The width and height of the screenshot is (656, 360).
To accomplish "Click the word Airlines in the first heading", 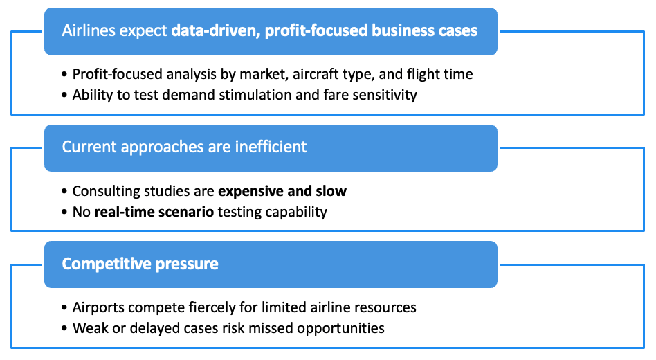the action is (x=89, y=30).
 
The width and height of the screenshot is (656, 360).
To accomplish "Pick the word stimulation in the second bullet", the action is (x=255, y=95).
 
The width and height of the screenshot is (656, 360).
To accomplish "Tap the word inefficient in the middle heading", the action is (x=271, y=147).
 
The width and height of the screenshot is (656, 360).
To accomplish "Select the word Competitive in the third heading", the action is (x=107, y=264).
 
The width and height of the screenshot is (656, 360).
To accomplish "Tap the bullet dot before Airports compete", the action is (x=64, y=307).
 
